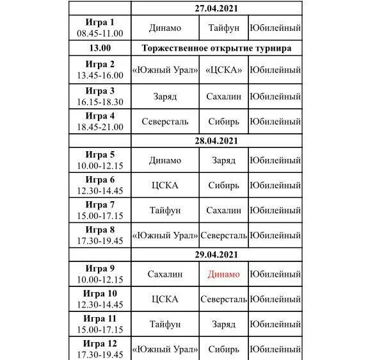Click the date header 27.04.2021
coord(216,8)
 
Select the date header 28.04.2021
coord(216,141)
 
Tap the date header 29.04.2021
coord(216,254)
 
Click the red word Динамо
coord(223,274)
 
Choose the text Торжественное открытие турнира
coord(216,48)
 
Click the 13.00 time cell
coord(100,48)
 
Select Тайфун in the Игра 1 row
coord(223,28)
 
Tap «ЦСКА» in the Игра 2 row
coord(223,70)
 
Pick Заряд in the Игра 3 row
coord(165,97)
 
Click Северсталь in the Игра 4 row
coord(165,121)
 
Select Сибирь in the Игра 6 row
coord(223,186)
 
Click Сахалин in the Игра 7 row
coord(223,210)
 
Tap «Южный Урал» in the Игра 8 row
coord(165,235)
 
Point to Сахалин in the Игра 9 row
coord(165,274)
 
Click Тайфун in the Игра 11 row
coord(165,324)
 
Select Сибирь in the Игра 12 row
coord(223,349)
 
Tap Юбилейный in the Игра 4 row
coord(275,121)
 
